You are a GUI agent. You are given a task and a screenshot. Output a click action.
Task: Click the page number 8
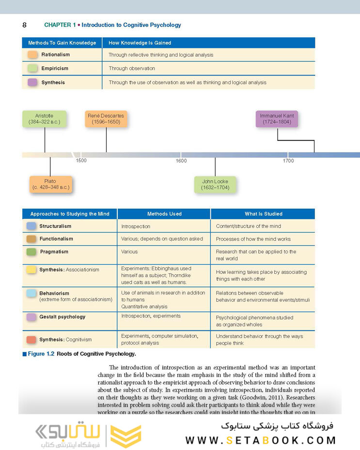24,25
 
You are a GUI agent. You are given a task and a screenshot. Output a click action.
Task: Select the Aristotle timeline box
44,119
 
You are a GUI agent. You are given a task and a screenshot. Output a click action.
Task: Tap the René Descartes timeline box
106,119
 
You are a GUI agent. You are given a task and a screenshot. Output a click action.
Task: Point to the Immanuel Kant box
277,119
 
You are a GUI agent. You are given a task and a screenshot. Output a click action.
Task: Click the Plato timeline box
50,185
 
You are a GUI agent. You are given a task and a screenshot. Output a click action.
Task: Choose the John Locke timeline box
215,185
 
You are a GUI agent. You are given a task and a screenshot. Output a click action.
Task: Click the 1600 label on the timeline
181,161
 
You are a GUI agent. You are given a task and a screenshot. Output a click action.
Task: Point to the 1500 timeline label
81,160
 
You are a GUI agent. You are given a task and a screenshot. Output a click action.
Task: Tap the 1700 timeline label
288,161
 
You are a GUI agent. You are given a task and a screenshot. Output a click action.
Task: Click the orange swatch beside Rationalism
33,55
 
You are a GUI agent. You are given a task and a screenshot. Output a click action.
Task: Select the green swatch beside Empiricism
33,69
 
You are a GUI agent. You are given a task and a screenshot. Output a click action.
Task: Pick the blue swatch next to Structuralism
31,226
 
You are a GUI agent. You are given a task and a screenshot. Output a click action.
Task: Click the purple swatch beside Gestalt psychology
31,317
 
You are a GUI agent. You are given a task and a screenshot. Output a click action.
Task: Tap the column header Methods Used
164,214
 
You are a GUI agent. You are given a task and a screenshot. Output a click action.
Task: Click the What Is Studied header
263,214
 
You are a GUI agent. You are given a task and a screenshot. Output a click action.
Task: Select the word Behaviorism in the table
54,293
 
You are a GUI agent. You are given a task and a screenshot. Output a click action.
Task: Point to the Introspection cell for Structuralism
136,226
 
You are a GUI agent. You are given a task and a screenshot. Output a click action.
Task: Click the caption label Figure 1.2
41,354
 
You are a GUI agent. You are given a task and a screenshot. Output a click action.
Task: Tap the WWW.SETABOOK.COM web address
261,440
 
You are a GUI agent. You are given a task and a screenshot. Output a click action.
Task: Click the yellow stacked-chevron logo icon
126,434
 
